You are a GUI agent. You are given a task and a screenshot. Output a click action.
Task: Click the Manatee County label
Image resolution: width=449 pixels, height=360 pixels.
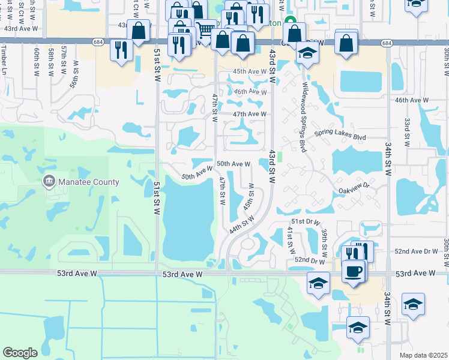(89, 182)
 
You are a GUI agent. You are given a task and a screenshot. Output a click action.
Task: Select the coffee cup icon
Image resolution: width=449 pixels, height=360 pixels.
(354, 271)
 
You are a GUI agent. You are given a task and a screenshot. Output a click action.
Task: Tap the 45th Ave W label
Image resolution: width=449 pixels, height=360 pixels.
(250, 71)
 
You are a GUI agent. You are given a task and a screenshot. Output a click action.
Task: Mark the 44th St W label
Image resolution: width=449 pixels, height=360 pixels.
(243, 226)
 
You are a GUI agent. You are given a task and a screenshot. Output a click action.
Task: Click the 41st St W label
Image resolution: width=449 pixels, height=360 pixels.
(291, 239)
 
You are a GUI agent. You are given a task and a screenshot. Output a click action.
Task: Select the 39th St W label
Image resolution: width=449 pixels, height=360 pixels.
(324, 239)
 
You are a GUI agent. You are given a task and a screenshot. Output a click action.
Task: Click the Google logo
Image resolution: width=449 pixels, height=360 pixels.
(20, 352)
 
